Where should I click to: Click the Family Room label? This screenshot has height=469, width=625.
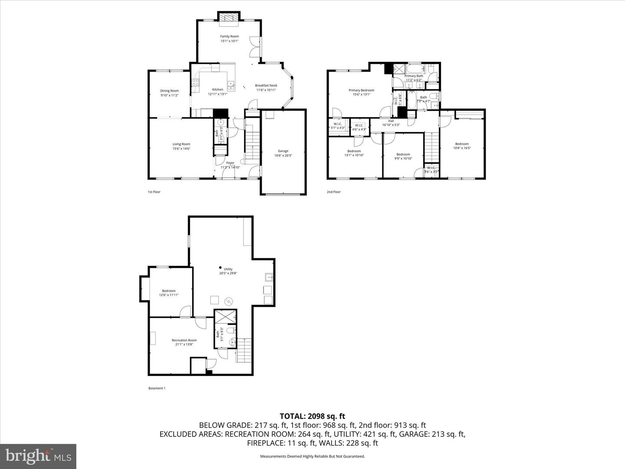tap(229, 36)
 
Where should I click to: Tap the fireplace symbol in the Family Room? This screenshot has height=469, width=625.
tap(228, 17)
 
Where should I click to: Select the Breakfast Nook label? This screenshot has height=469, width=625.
tap(266, 86)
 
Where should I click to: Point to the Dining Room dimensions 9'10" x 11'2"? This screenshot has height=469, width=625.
tap(169, 95)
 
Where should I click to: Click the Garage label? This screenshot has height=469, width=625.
tap(283, 151)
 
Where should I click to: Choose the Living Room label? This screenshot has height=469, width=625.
tap(181, 144)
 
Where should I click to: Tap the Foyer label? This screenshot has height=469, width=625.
tap(230, 163)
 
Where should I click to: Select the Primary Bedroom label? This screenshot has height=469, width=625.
tap(361, 90)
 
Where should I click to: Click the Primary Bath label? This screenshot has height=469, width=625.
tap(414, 76)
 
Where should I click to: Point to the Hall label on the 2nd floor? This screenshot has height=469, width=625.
tap(391, 121)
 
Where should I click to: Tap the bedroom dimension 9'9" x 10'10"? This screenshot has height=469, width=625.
tap(403, 159)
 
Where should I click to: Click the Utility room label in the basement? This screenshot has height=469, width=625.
tap(228, 269)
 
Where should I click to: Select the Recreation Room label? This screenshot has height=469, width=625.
tap(184, 340)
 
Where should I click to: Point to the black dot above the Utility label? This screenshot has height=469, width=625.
tap(220, 268)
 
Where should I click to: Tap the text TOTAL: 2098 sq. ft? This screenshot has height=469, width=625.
tap(312, 416)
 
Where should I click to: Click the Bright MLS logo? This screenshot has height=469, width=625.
tap(38, 456)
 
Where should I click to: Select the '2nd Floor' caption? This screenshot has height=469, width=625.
tap(333, 192)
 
